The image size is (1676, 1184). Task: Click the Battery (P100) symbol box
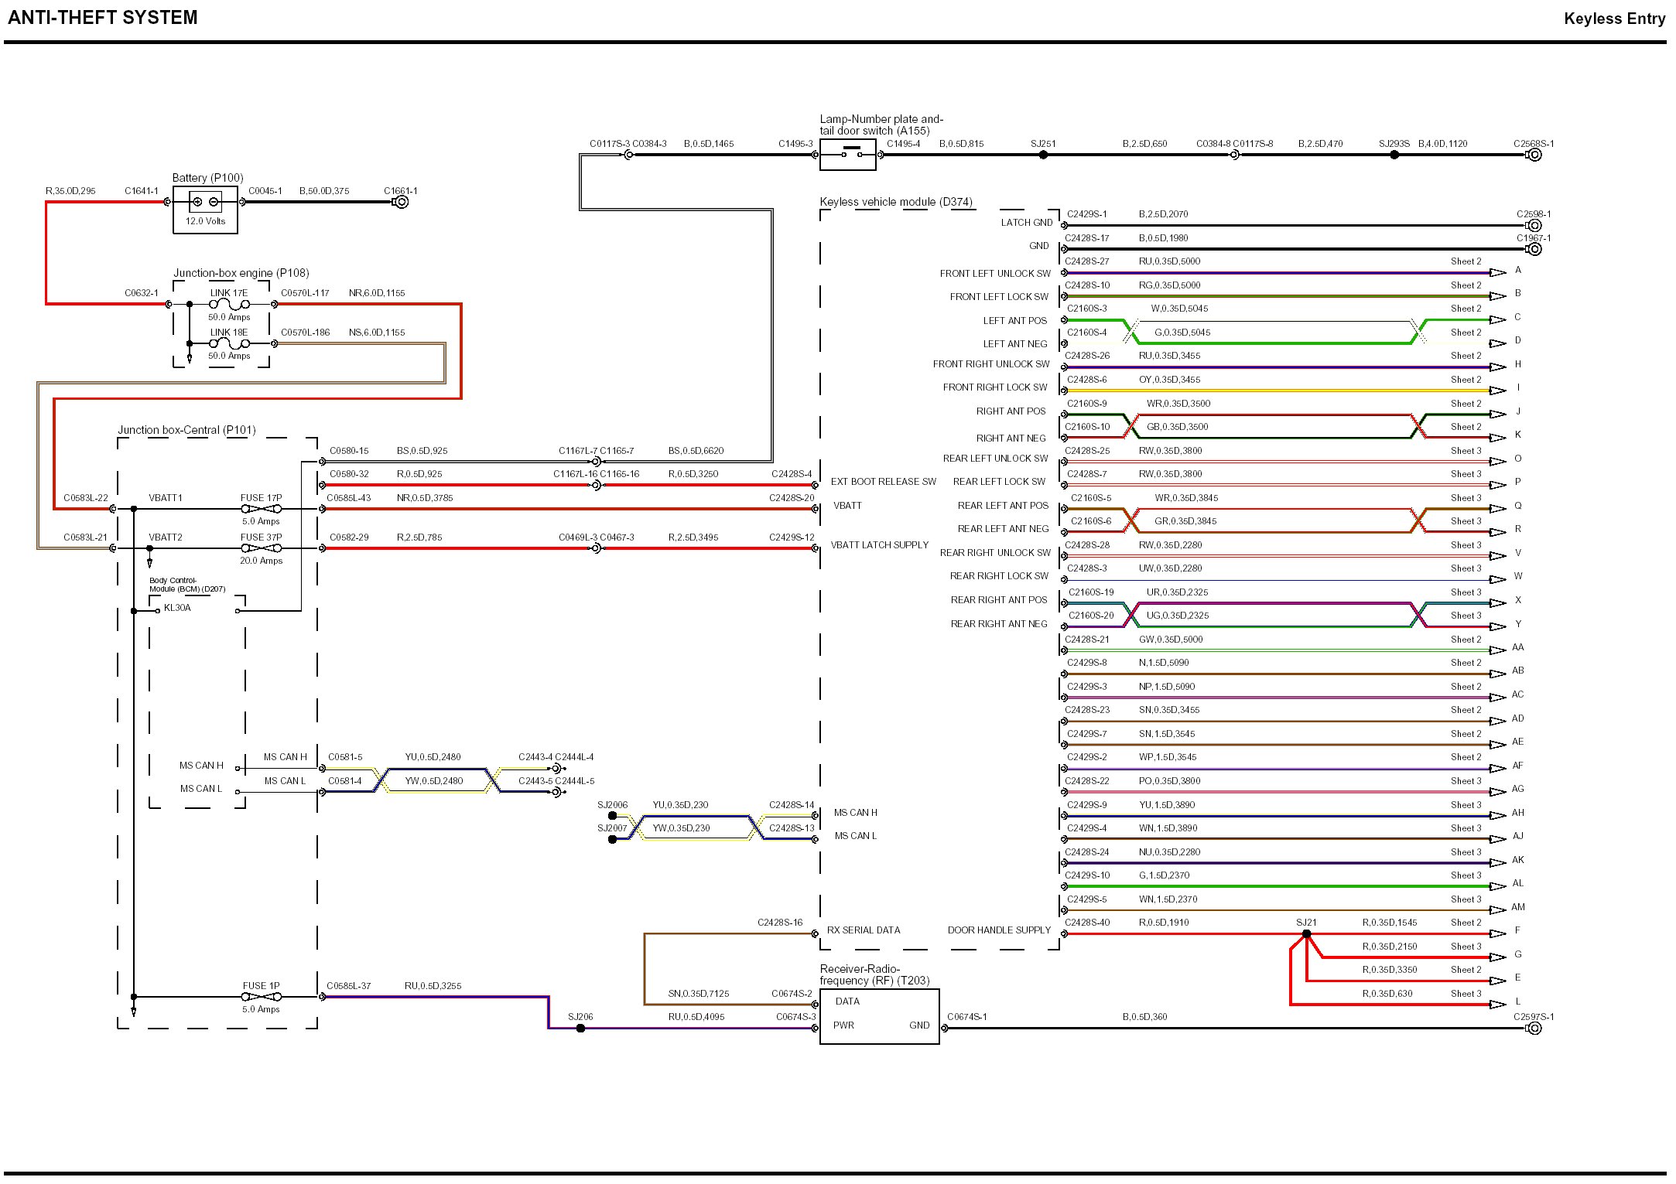tap(205, 209)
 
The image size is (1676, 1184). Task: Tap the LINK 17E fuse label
tap(229, 293)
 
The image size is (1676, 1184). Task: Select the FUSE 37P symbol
tap(262, 548)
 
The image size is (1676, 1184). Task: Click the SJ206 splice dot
tap(580, 1028)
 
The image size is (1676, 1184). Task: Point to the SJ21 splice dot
tap(1307, 933)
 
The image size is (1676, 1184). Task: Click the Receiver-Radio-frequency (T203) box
tap(879, 1016)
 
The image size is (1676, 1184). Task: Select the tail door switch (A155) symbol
tap(848, 155)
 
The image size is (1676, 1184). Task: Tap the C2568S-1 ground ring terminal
tap(1535, 155)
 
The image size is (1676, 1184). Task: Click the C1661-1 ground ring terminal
tap(402, 202)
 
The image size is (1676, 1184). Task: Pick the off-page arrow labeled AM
tap(1498, 909)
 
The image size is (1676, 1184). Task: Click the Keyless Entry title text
tap(1614, 19)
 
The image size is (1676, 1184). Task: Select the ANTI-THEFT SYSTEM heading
tap(103, 17)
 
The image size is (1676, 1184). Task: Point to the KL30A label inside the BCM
tap(177, 608)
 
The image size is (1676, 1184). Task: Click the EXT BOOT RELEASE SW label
tap(883, 482)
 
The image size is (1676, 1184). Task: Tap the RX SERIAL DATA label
tap(864, 930)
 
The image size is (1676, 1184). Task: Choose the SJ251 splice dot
tap(1043, 155)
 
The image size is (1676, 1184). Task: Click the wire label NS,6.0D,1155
tap(377, 333)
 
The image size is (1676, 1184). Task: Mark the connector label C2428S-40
tap(1087, 923)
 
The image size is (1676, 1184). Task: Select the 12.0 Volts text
tap(205, 221)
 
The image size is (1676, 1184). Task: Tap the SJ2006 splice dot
tap(613, 815)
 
